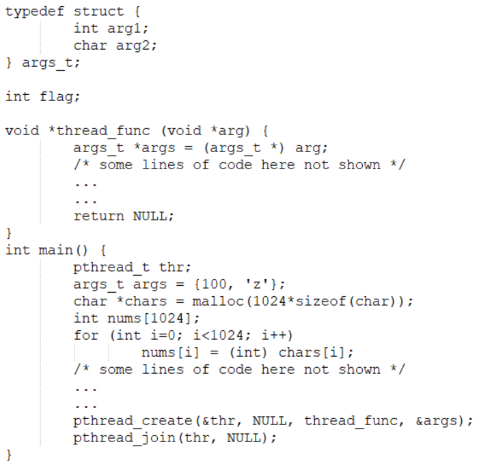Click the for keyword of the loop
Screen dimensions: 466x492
coord(86,335)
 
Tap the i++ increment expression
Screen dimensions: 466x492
coord(256,335)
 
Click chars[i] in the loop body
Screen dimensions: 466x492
coord(315,352)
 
